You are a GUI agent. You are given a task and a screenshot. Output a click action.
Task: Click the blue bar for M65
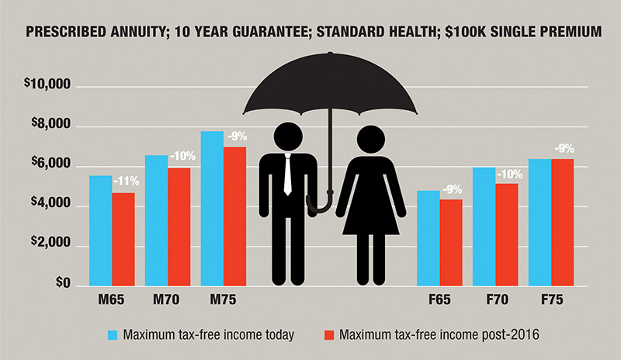[101, 230]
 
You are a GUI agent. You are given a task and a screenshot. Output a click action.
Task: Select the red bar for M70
[179, 227]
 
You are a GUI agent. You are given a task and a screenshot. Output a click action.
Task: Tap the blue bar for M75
[212, 208]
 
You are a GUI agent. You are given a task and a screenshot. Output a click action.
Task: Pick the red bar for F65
[451, 242]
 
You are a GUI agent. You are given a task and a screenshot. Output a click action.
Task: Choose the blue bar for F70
[484, 227]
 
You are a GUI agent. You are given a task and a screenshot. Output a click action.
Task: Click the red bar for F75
[562, 222]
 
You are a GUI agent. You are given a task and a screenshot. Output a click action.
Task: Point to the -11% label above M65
[127, 182]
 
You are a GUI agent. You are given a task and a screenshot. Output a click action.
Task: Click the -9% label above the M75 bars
[238, 137]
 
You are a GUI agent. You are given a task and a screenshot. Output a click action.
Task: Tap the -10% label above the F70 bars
[510, 175]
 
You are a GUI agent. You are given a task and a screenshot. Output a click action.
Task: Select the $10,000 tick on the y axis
[47, 84]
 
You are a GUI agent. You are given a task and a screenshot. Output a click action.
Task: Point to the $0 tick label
[63, 282]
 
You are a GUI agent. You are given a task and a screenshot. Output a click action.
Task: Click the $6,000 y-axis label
[50, 163]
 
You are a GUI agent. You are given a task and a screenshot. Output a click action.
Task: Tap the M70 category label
[166, 299]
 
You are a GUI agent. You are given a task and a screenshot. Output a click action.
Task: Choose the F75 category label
[552, 299]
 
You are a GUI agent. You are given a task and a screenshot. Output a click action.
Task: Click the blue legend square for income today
[113, 335]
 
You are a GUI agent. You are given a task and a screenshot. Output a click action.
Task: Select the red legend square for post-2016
[329, 335]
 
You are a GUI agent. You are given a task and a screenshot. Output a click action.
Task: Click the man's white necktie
[288, 175]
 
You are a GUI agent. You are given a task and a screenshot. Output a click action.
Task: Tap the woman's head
[371, 140]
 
